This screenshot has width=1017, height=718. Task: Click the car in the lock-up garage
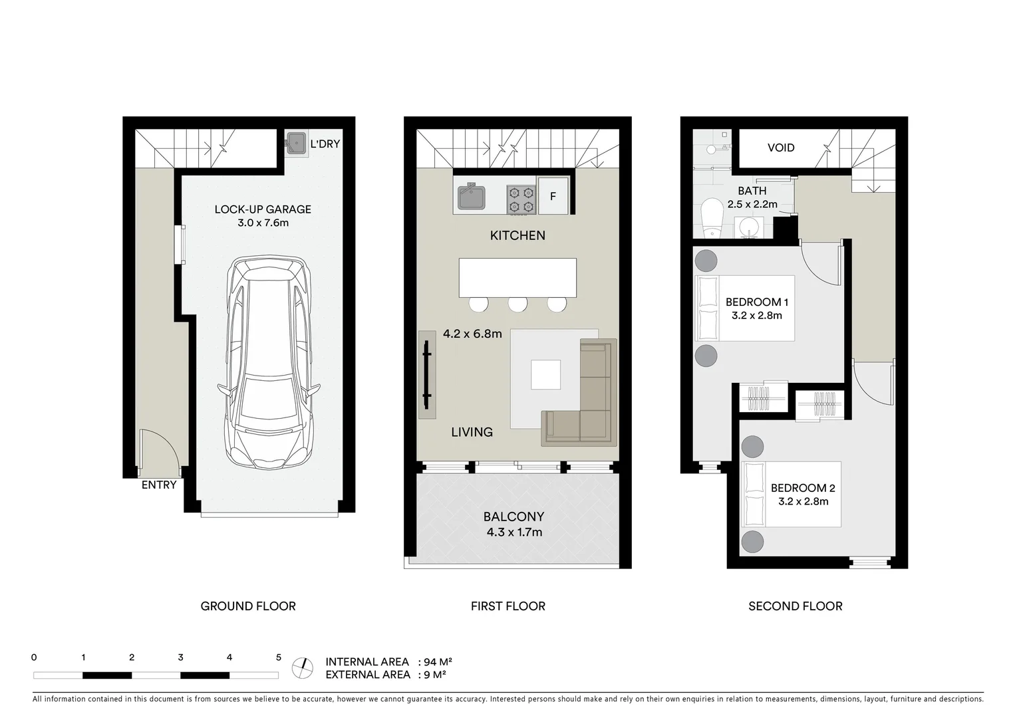[269, 362]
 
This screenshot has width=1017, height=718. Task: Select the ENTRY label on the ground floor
[159, 485]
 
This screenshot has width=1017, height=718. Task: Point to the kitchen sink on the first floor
[471, 197]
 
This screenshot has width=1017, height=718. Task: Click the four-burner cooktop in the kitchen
[521, 199]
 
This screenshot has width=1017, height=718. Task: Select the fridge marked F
[553, 196]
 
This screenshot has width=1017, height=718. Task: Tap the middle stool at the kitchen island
[517, 304]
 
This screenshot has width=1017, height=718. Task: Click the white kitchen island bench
[517, 277]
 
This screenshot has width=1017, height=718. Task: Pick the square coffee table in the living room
[545, 374]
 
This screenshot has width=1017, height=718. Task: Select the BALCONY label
[513, 517]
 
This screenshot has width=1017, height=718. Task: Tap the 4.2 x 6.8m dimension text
[472, 334]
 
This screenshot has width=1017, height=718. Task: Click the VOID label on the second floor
[781, 148]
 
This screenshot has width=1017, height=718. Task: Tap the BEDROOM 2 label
[803, 488]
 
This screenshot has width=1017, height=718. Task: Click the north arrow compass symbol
[303, 667]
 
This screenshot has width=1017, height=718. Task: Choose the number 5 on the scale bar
[279, 658]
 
